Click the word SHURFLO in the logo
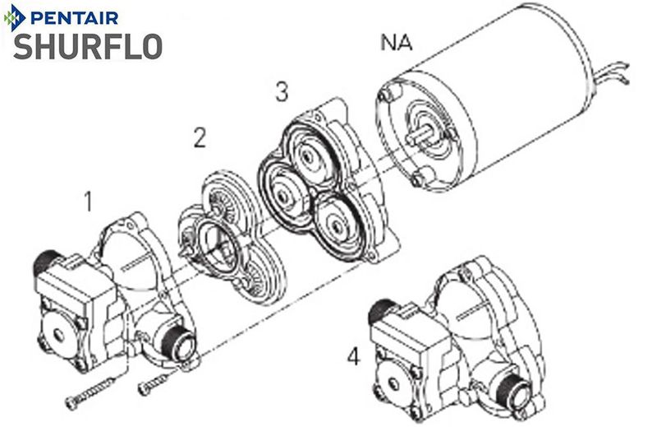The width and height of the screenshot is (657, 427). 86,46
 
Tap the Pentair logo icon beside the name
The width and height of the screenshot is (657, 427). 15,16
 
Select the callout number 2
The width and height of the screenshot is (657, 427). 199,137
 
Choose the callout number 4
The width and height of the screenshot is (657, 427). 353,357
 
